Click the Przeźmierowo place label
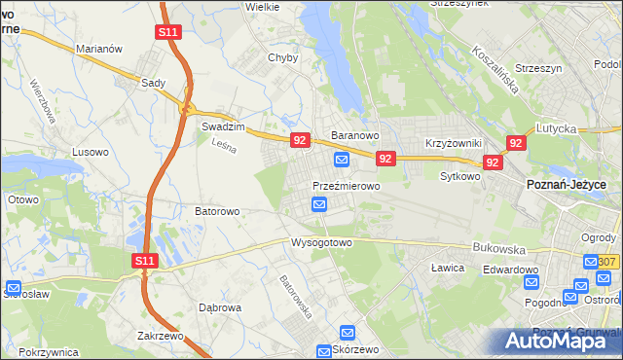tap(346, 185)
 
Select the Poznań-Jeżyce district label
tap(567, 185)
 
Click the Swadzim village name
tap(221, 126)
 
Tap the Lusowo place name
tap(92, 153)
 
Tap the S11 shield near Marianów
tap(167, 32)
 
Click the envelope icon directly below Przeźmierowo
tap(319, 204)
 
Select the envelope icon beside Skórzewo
tap(324, 350)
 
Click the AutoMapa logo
tap(559, 341)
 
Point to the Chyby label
tap(283, 57)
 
